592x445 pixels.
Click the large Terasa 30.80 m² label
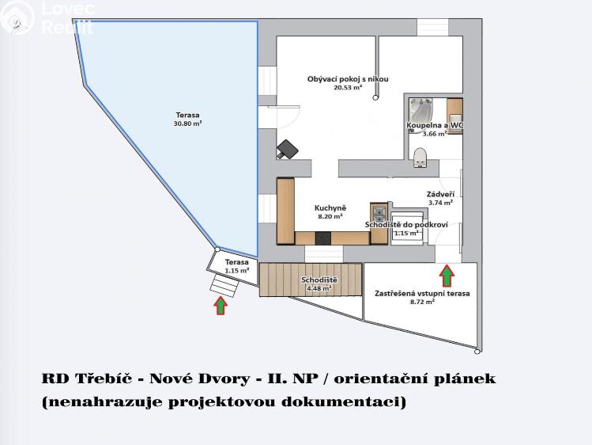click(x=188, y=120)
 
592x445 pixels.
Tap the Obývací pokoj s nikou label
click(x=348, y=79)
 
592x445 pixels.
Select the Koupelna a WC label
click(x=435, y=126)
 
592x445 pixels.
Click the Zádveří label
click(x=439, y=193)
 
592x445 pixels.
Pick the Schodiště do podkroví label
click(x=406, y=225)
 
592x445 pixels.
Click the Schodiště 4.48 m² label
click(x=319, y=281)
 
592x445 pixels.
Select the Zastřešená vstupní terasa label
click(x=422, y=293)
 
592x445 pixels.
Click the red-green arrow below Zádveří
click(x=447, y=276)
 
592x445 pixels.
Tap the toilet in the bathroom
click(x=420, y=155)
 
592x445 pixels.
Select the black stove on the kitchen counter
click(x=322, y=237)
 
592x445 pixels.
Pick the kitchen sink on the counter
click(x=379, y=212)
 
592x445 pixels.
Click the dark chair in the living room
click(x=286, y=149)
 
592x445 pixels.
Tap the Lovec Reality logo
click(x=47, y=17)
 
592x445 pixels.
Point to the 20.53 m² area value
click(x=348, y=89)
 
